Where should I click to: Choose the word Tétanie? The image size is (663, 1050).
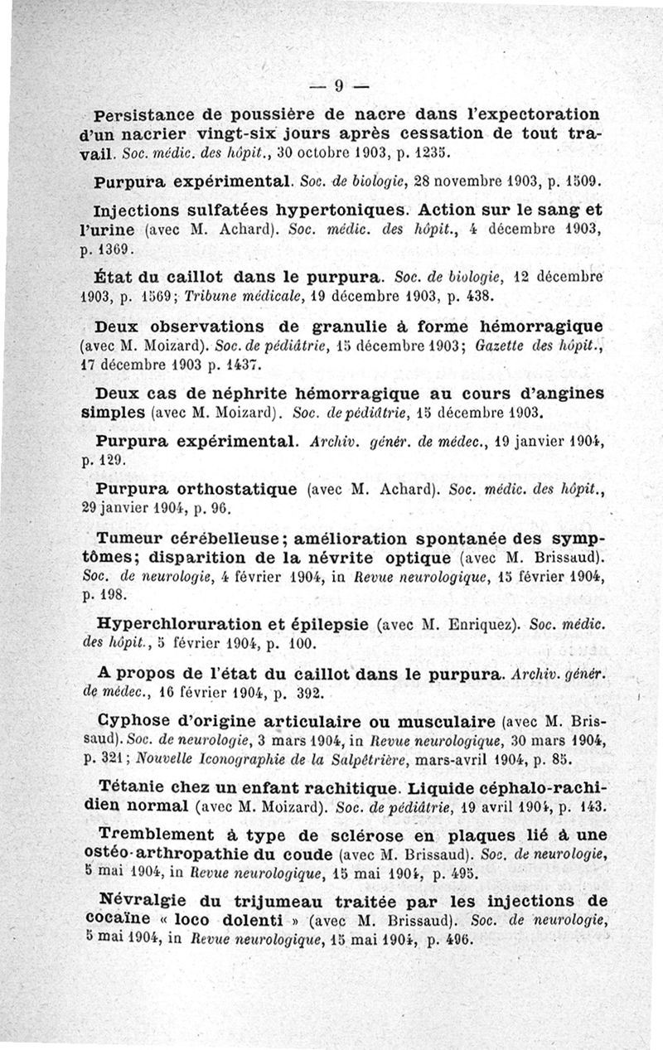pos(133,785)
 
